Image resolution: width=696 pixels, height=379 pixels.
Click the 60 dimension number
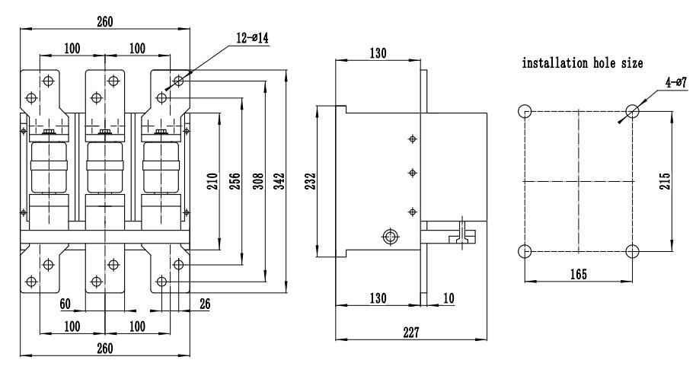pos(65,304)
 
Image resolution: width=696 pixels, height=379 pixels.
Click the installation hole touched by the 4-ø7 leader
pos(632,112)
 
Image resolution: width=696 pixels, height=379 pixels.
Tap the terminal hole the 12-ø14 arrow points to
pos(178,80)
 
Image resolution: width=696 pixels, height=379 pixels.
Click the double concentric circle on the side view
pos(390,237)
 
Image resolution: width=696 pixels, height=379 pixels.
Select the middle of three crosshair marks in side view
pos(413,173)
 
